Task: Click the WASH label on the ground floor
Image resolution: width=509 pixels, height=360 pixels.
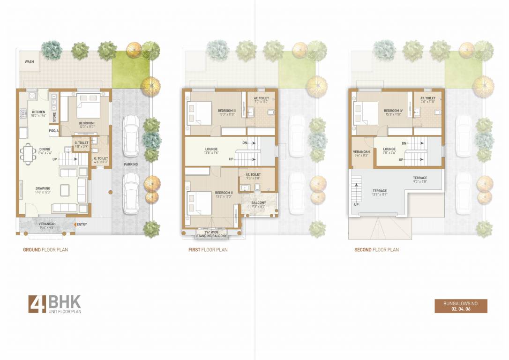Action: click(29, 61)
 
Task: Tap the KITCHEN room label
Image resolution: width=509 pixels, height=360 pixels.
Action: click(38, 112)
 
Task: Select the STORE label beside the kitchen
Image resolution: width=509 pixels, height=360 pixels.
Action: click(54, 116)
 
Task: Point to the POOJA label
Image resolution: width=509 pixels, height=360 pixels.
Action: click(53, 131)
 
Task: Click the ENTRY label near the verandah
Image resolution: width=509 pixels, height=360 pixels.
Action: click(82, 225)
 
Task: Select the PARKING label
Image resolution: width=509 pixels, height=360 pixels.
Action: click(131, 165)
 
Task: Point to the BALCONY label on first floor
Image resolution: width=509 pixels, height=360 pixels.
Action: click(259, 203)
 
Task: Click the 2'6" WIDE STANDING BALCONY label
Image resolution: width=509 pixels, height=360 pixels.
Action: click(212, 234)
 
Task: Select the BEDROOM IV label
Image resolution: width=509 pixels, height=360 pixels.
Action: click(393, 110)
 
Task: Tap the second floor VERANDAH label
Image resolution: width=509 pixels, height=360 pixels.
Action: click(361, 152)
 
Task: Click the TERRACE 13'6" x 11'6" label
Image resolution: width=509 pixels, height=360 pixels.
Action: click(380, 191)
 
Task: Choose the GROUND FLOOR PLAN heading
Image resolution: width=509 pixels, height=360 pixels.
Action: click(45, 250)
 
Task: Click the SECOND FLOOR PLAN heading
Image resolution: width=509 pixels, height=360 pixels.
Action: click(376, 250)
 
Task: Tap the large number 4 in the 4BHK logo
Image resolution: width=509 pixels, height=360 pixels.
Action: click(37, 304)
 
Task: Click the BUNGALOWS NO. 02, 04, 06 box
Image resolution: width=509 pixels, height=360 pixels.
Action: click(461, 306)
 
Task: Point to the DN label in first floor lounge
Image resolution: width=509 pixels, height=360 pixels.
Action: click(245, 143)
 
